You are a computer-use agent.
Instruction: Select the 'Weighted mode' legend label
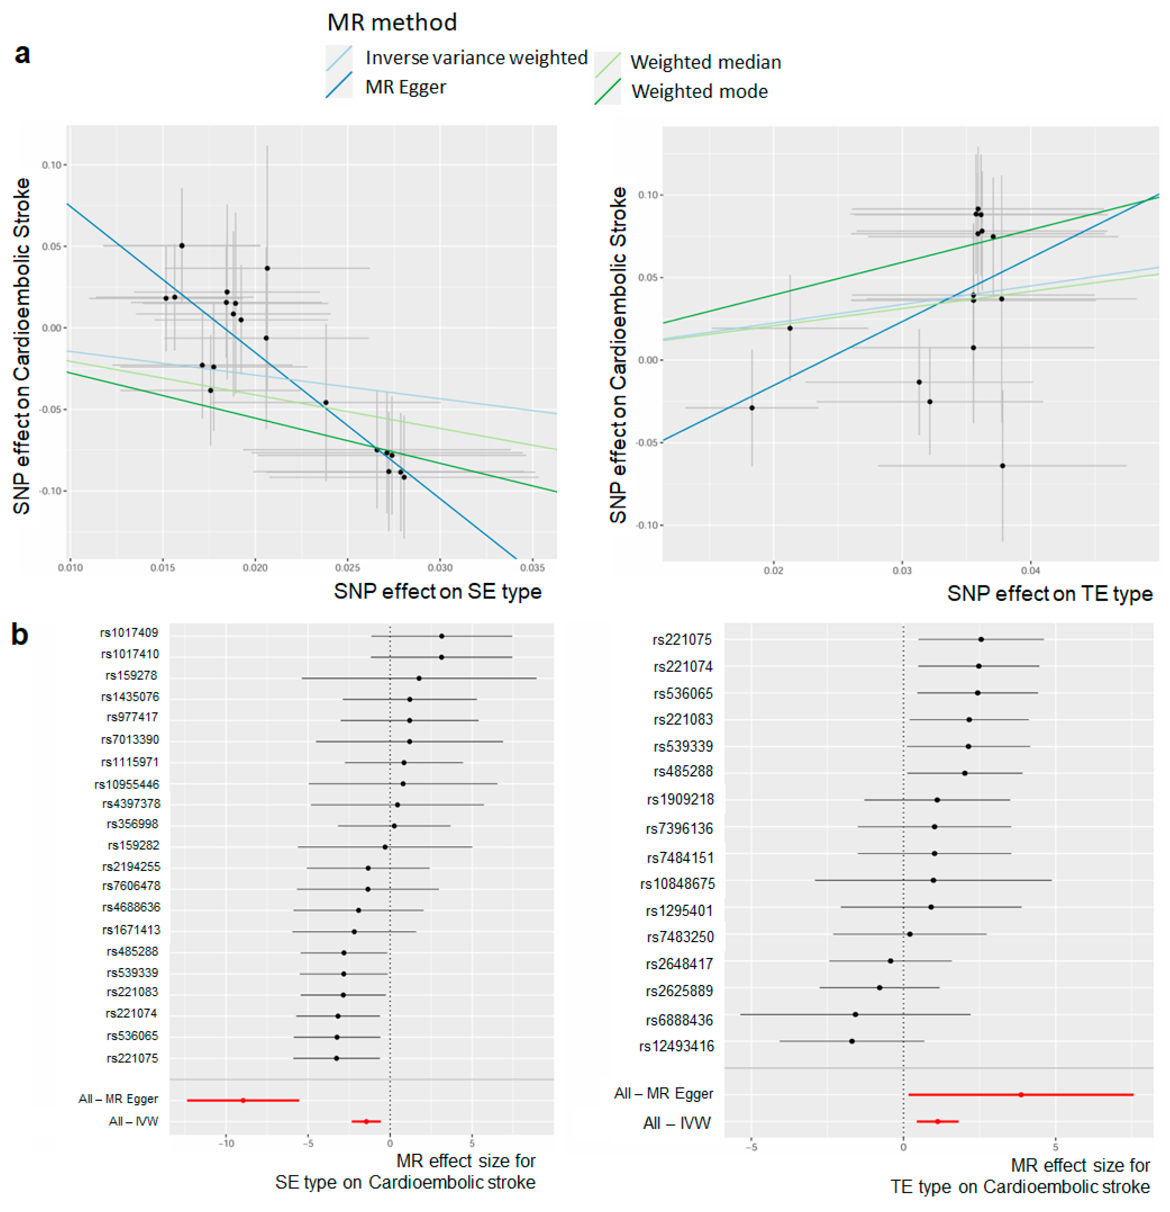point(699,91)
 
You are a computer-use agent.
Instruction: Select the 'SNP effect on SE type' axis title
point(437,591)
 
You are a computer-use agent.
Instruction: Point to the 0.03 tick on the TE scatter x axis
point(902,570)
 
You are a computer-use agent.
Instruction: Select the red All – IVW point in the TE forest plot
point(938,1121)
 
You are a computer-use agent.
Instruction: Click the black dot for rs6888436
point(855,1014)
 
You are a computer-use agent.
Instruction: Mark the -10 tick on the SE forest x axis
point(226,1143)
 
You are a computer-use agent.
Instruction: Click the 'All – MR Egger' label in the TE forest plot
point(663,1093)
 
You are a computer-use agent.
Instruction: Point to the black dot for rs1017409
point(441,636)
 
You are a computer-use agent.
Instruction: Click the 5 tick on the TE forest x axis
point(1056,1147)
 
